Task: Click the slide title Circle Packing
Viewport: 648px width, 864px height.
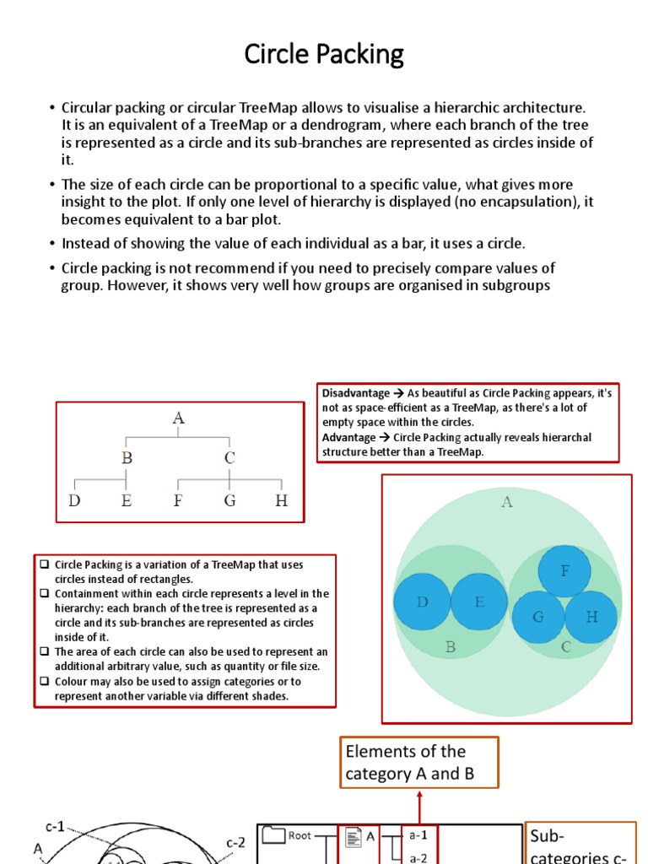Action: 324,54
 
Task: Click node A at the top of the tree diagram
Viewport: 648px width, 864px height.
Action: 178,418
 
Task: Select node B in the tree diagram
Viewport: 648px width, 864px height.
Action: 127,458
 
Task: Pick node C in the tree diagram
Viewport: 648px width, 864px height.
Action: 229,458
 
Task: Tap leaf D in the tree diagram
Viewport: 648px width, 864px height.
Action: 75,500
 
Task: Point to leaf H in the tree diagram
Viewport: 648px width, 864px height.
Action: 281,500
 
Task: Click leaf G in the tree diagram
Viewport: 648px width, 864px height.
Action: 229,500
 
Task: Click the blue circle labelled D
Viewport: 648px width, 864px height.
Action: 422,602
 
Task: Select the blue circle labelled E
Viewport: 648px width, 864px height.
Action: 478,602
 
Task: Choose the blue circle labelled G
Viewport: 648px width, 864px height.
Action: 538,617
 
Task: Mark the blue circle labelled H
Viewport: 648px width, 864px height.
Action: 591,617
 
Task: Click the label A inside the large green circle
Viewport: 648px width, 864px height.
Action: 507,502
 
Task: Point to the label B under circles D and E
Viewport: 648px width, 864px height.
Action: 451,648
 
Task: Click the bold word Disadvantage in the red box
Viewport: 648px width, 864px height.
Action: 355,393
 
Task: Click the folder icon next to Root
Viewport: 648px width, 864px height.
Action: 273,836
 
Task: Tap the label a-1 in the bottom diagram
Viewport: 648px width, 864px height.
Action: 418,835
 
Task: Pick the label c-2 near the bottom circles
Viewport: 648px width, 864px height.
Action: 235,842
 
